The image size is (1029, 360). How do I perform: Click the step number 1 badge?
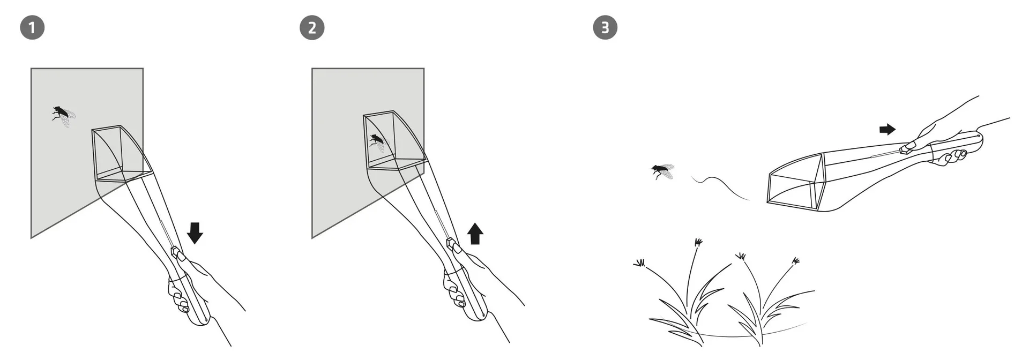click(x=32, y=27)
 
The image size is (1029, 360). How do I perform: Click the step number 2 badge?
click(x=312, y=27)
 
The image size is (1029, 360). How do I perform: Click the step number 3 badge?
click(x=605, y=27)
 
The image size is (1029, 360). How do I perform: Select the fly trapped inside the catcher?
click(x=377, y=142)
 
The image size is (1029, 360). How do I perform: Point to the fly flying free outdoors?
click(x=662, y=171)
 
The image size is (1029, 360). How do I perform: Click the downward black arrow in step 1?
click(x=195, y=233)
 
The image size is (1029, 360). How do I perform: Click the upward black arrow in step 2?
click(x=475, y=234)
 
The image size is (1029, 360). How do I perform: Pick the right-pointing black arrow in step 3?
click(x=888, y=129)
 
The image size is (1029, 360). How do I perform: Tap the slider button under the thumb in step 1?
click(x=175, y=251)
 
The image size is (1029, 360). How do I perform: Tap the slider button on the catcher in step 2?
click(x=451, y=244)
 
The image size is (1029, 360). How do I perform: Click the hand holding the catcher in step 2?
click(x=456, y=292)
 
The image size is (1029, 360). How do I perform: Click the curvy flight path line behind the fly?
click(x=721, y=187)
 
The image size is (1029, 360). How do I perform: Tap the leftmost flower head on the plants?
click(x=639, y=263)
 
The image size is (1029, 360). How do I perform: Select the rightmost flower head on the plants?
click(x=796, y=261)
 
